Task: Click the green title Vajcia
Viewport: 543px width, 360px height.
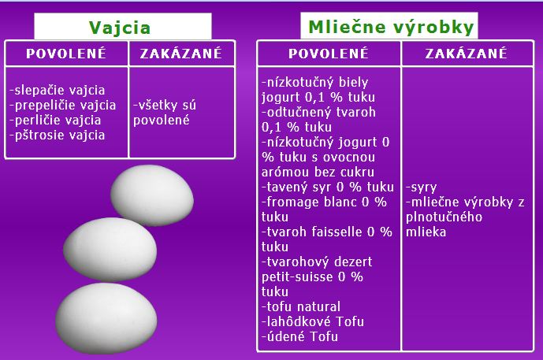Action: (120, 28)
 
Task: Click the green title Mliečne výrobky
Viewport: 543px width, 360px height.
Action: (391, 27)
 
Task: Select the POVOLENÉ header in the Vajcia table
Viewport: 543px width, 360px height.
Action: (66, 53)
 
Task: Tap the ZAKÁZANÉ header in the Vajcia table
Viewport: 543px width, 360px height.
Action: (180, 53)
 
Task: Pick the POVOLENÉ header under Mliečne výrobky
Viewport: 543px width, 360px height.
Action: (329, 53)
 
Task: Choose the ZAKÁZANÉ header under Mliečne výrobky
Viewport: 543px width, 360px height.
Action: (466, 53)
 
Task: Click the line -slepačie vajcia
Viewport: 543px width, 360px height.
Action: (58, 91)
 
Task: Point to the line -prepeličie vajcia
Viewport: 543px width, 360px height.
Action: (63, 106)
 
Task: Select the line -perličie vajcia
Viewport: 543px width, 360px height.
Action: (55, 120)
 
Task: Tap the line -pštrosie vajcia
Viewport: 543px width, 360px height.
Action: (58, 135)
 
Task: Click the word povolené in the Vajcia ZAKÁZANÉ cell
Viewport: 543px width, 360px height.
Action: (162, 121)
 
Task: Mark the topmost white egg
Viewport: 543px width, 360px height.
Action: (152, 195)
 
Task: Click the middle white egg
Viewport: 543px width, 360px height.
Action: (110, 249)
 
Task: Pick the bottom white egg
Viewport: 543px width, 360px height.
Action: (106, 318)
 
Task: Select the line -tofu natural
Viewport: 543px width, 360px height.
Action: (301, 306)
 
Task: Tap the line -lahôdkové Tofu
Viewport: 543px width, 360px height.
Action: (313, 321)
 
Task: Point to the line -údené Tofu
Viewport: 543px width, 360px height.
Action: (299, 336)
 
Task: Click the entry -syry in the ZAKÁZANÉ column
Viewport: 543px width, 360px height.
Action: (421, 187)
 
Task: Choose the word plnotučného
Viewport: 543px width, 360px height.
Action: (444, 217)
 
